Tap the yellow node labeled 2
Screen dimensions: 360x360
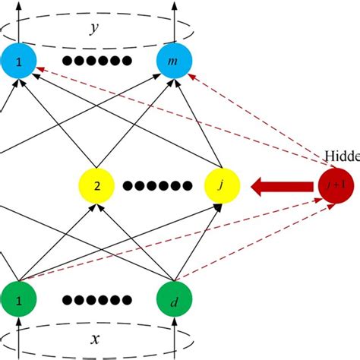[x=96, y=185]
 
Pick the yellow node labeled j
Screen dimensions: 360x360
[x=223, y=185]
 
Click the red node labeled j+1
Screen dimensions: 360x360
[x=335, y=185]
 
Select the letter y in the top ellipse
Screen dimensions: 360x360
[x=93, y=28]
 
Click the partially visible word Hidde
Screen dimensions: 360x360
[x=343, y=156]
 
